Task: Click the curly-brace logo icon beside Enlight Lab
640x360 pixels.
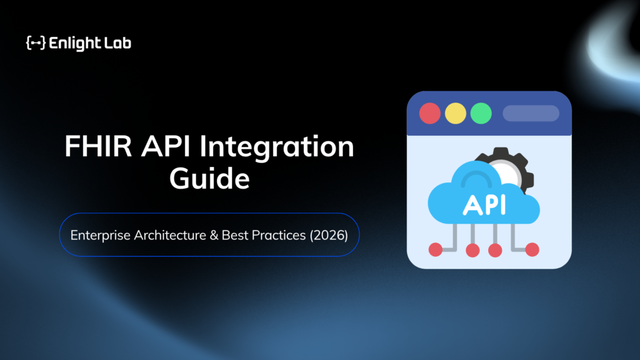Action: pos(36,43)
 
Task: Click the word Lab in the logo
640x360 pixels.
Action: pos(118,43)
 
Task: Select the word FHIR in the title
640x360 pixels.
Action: pos(98,146)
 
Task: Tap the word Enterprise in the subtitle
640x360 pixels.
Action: pos(101,236)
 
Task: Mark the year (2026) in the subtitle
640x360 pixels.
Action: pos(329,236)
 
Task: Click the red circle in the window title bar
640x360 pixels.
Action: pos(430,114)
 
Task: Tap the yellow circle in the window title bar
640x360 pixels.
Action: pos(456,114)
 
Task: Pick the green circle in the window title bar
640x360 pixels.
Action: pos(481,114)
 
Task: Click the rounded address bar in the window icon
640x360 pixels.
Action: pos(531,114)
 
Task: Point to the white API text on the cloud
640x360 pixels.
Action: pos(485,205)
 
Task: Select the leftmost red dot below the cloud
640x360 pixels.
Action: pos(436,249)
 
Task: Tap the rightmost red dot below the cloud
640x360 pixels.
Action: pos(532,249)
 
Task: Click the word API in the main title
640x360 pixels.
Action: pos(166,146)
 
